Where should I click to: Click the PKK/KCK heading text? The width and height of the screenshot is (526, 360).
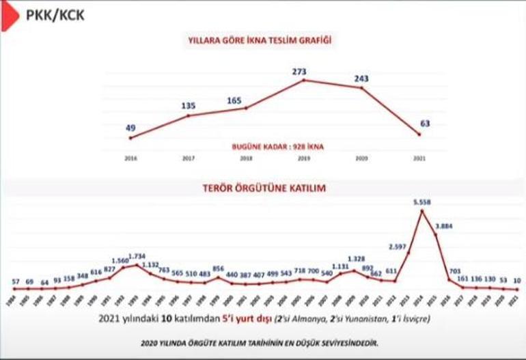[x=55, y=14]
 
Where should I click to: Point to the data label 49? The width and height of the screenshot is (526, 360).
[x=130, y=127]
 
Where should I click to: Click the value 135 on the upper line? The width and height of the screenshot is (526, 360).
[x=189, y=105]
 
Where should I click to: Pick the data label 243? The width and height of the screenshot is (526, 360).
[x=361, y=79]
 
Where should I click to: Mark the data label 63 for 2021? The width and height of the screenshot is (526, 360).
[x=424, y=124]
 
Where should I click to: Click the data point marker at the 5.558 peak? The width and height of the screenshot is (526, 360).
[x=422, y=211]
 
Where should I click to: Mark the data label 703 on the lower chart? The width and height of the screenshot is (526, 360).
[x=453, y=271]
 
